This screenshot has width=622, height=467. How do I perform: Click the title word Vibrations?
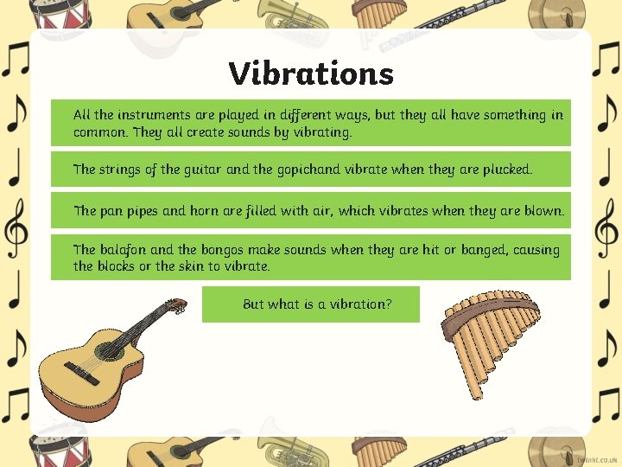point(311,74)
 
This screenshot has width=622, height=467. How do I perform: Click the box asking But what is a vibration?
point(311,304)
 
